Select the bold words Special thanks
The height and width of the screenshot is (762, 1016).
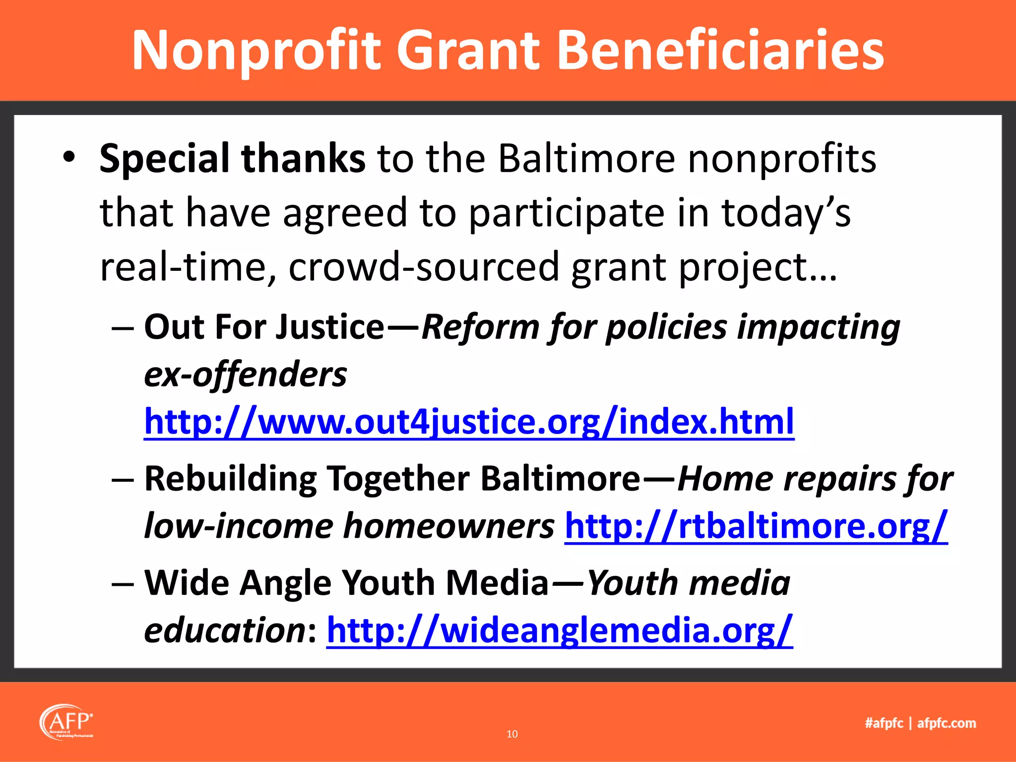232,159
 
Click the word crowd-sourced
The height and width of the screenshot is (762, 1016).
424,267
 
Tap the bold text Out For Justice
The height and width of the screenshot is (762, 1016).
264,327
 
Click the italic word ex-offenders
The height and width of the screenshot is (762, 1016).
246,375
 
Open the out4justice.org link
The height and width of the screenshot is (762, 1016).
469,422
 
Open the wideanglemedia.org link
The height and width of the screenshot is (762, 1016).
559,631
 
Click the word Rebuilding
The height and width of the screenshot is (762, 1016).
230,479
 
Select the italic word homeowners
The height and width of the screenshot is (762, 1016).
448,526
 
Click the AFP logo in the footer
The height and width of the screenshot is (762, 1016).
66,722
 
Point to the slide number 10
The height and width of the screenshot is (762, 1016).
512,734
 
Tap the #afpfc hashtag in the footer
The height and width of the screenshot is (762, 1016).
884,723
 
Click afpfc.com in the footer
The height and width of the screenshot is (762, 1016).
947,723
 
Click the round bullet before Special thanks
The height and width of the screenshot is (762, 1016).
69,158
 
